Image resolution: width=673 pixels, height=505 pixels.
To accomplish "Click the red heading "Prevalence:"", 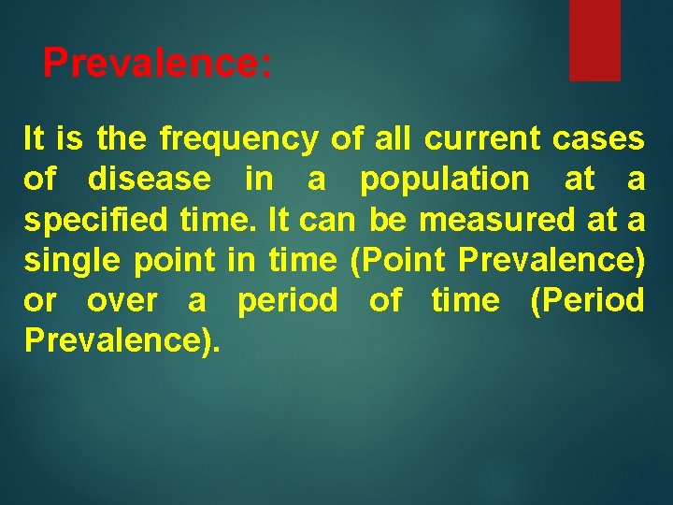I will [x=157, y=64].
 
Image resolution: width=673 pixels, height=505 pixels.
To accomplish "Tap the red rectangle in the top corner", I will [x=594, y=39].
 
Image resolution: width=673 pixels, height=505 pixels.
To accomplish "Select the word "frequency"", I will [x=239, y=139].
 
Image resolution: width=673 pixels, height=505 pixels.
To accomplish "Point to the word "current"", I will [x=481, y=139].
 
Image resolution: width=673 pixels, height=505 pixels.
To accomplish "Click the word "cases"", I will [x=598, y=139].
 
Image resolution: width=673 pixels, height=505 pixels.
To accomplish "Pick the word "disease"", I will [x=150, y=180].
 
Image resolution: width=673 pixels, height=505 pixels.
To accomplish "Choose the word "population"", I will [x=444, y=180].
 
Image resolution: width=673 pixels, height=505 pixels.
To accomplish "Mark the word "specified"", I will [x=85, y=220].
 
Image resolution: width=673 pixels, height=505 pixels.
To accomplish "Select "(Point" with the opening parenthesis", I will [x=399, y=260].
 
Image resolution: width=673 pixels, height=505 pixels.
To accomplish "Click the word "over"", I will [x=121, y=301].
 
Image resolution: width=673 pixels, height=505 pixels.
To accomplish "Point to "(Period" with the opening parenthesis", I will [x=586, y=301].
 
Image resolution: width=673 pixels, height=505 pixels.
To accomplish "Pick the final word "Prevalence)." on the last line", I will [x=122, y=341].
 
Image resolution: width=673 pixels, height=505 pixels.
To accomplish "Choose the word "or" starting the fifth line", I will [x=40, y=301].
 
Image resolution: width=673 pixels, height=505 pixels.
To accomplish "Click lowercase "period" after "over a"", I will [x=288, y=301].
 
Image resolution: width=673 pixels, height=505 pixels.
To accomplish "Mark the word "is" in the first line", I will [x=69, y=139].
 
